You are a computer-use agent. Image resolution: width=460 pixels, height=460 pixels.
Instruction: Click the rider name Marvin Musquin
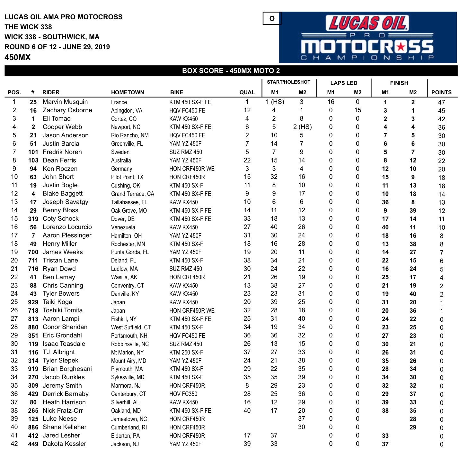[x=65, y=102]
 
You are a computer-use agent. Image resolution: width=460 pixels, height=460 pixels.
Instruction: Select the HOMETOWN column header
[x=128, y=92]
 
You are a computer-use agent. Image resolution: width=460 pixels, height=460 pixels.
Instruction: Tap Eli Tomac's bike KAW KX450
[x=183, y=119]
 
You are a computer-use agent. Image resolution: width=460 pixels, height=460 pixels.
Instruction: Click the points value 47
[x=441, y=102]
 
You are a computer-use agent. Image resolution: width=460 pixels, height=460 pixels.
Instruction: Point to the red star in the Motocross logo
[x=401, y=47]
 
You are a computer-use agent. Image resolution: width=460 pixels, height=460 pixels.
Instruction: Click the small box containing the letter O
[x=272, y=18]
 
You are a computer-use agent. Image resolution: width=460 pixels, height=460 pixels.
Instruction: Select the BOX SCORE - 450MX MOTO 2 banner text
[x=231, y=71]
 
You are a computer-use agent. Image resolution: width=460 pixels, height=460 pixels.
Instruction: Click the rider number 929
[x=33, y=302]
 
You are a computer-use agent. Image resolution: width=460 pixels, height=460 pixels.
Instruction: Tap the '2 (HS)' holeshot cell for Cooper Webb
[x=302, y=127]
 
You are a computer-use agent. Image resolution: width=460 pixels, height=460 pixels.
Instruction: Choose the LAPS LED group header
[x=344, y=83]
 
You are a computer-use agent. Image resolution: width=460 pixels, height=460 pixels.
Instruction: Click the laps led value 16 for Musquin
[x=331, y=102]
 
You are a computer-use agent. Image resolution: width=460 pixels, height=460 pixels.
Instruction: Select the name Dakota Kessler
[x=64, y=444]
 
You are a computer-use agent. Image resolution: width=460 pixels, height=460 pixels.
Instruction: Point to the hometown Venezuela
[x=123, y=227]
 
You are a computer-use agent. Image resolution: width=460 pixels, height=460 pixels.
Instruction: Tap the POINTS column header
[x=441, y=92]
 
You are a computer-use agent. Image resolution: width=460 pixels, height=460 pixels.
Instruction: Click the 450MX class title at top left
[x=18, y=58]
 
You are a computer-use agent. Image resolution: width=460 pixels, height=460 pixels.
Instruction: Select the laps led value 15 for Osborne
[x=358, y=110]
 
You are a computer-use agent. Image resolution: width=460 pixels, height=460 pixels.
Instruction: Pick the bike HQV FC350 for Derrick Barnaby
[x=183, y=394]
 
